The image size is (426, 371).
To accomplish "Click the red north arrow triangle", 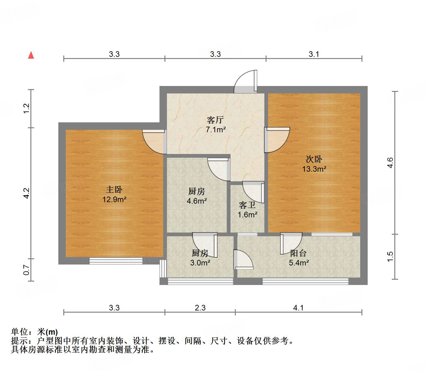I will click(x=31, y=55).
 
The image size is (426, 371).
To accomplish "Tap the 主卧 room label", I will click(x=114, y=189).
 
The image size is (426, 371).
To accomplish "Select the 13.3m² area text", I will click(x=314, y=169).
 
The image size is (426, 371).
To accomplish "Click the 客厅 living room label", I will click(x=215, y=120).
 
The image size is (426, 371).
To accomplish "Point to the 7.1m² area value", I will click(x=216, y=130).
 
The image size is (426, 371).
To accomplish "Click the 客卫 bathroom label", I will click(x=247, y=205).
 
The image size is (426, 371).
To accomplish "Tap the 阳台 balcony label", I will click(x=298, y=253).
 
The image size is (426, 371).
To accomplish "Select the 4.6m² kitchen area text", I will click(x=197, y=201).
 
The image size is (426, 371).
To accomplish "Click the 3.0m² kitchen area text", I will click(x=200, y=263).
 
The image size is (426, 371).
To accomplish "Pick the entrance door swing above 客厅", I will click(x=246, y=82).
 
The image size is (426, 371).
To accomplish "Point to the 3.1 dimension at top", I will click(x=314, y=54).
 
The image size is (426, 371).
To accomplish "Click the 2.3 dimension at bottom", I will click(x=200, y=308).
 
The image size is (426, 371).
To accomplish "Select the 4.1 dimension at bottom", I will click(x=298, y=308).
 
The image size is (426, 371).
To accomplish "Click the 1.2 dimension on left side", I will click(x=26, y=108).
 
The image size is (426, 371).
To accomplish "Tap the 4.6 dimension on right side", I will click(x=390, y=163).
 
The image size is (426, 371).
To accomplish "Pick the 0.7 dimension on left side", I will click(x=26, y=269).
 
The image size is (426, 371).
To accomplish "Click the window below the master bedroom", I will click(x=116, y=261).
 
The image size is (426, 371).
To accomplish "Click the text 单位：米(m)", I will click(x=34, y=332).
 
